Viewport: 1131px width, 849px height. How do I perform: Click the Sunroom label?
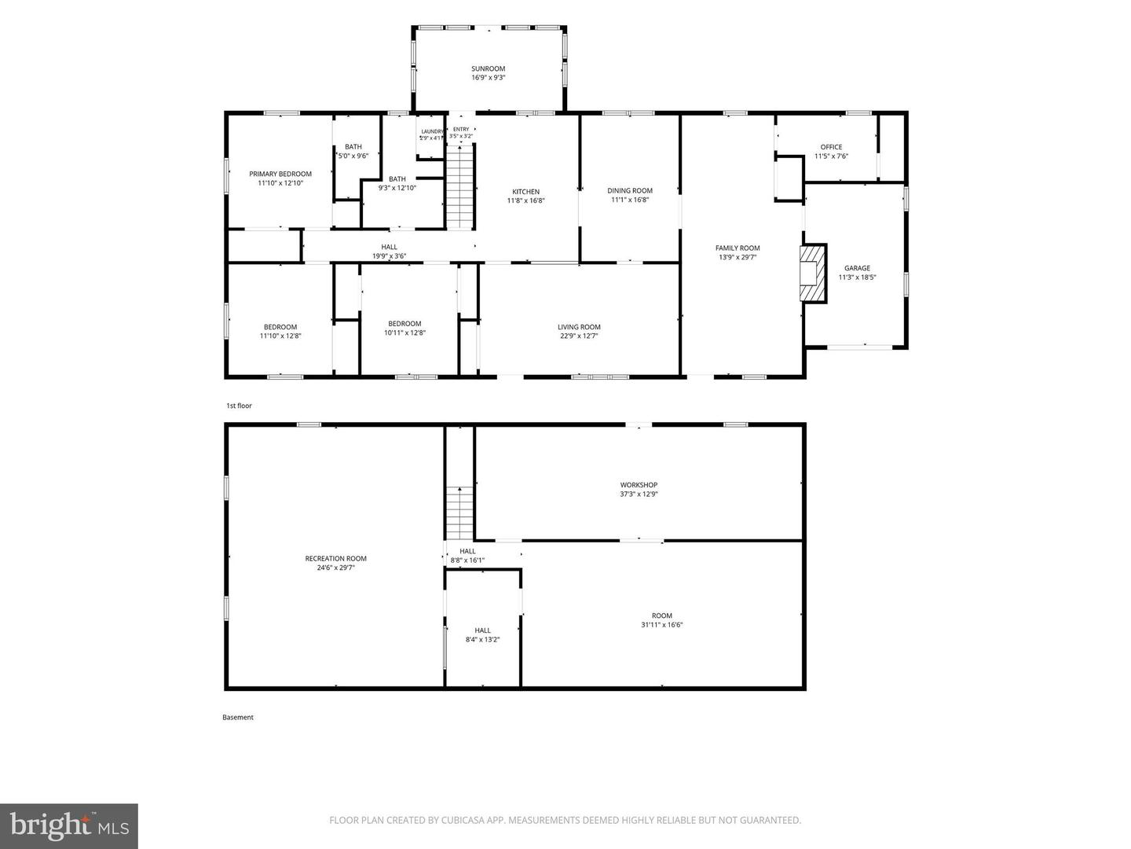488,68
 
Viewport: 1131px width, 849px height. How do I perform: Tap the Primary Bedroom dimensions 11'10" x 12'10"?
280,183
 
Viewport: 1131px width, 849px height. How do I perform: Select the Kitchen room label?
525,192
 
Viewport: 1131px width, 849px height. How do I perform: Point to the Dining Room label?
630,191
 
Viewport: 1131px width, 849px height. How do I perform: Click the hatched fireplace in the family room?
813,273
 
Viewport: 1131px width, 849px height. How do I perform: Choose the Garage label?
857,268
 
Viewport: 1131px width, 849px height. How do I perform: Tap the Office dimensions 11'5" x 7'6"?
831,156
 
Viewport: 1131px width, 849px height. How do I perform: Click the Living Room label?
579,327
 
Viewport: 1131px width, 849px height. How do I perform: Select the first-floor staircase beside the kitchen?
459,186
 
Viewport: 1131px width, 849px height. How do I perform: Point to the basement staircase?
459,513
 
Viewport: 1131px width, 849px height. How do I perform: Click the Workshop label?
639,485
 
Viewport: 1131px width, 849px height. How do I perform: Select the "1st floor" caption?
239,406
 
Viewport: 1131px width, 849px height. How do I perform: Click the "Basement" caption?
237,717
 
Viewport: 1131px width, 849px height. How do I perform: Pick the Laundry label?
432,131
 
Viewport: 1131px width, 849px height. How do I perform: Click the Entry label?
461,130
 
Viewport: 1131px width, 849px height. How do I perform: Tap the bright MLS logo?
69,825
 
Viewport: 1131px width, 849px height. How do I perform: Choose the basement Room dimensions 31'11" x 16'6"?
661,625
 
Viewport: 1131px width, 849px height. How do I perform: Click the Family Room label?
738,248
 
